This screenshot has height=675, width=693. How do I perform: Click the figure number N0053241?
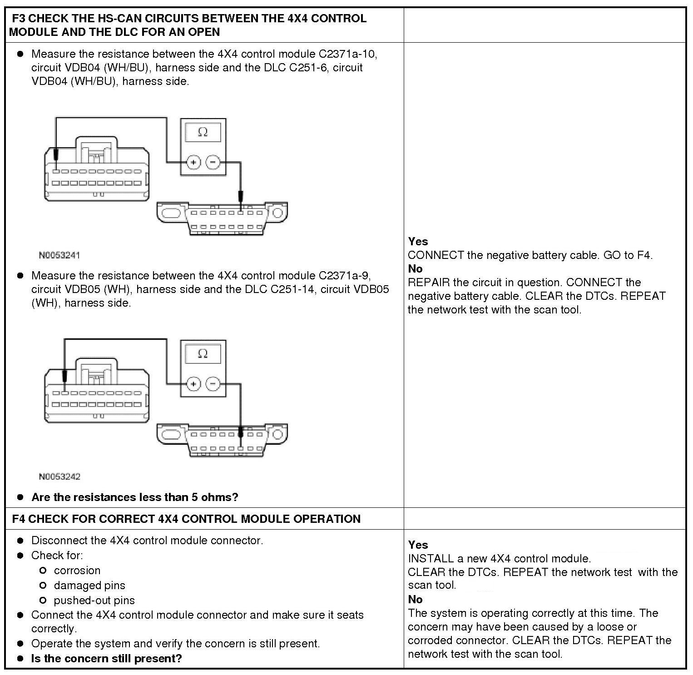(x=59, y=255)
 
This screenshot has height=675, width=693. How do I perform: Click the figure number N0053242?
(x=59, y=476)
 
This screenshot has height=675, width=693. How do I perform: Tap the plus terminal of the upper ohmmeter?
(x=193, y=162)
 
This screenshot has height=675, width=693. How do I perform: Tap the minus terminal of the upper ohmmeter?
(x=213, y=162)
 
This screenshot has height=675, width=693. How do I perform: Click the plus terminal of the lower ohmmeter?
(x=193, y=384)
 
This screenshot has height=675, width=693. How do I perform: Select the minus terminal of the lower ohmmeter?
(x=213, y=384)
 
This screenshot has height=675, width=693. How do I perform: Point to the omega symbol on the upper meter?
(x=203, y=132)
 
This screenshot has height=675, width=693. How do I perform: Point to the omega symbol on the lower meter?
(x=203, y=353)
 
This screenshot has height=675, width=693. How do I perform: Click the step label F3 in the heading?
(x=19, y=19)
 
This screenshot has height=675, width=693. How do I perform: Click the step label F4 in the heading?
(x=19, y=519)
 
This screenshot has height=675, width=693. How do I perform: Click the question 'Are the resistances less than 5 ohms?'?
(x=135, y=497)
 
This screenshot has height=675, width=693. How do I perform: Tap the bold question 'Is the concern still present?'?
(x=107, y=658)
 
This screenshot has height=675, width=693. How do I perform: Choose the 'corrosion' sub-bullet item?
(x=77, y=571)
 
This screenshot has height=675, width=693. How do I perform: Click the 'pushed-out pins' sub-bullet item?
(x=94, y=601)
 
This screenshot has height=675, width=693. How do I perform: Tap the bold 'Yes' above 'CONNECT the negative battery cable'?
(x=418, y=242)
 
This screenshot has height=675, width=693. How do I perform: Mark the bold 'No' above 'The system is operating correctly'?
(x=415, y=600)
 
